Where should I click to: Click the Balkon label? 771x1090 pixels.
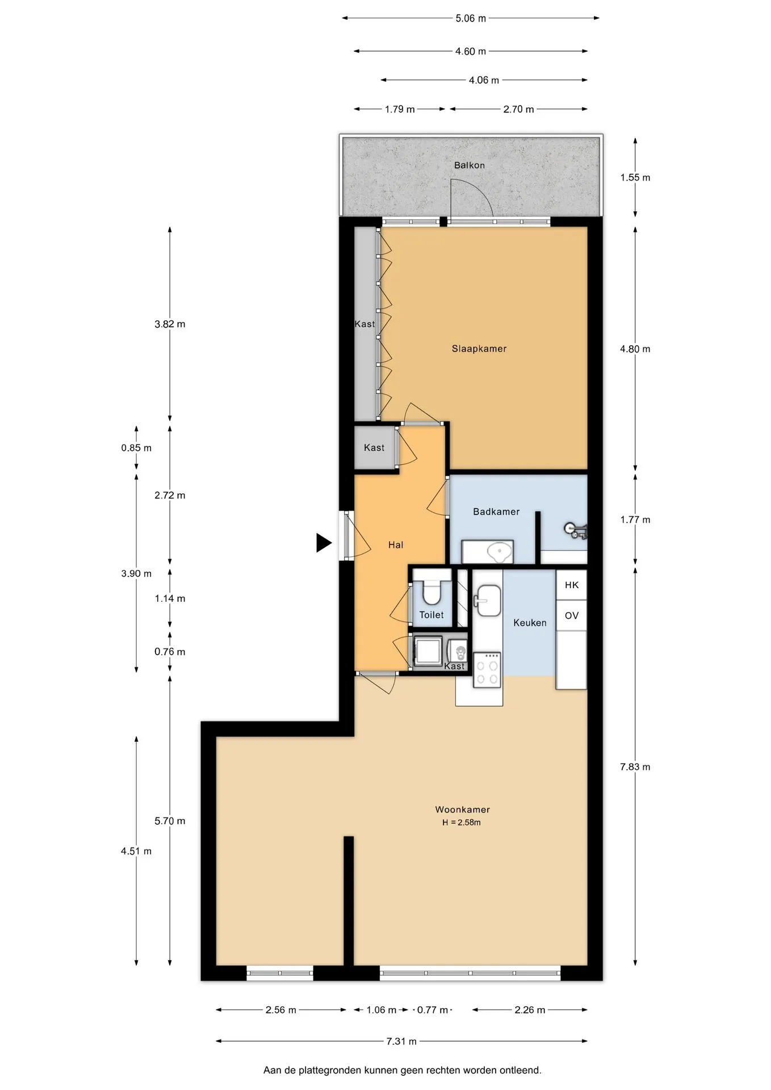(469, 165)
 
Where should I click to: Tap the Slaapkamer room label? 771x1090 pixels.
(479, 349)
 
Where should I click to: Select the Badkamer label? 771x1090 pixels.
(496, 512)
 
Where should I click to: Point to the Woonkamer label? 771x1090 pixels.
(462, 810)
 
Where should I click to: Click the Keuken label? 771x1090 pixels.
(530, 623)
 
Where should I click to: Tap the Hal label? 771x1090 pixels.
(396, 545)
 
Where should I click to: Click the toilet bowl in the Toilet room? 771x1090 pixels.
(432, 591)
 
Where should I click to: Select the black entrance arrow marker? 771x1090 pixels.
(324, 543)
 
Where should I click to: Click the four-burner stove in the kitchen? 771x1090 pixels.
(487, 670)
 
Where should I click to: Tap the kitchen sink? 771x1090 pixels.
(488, 601)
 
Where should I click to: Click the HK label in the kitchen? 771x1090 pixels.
(572, 585)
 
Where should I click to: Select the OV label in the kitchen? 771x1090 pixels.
(572, 615)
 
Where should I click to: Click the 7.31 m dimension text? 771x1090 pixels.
(401, 1041)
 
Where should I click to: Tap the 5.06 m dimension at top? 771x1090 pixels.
(471, 18)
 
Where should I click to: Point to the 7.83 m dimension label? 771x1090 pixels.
(635, 767)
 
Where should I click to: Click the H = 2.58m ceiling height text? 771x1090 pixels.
(462, 823)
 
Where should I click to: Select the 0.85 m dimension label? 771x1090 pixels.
(136, 448)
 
